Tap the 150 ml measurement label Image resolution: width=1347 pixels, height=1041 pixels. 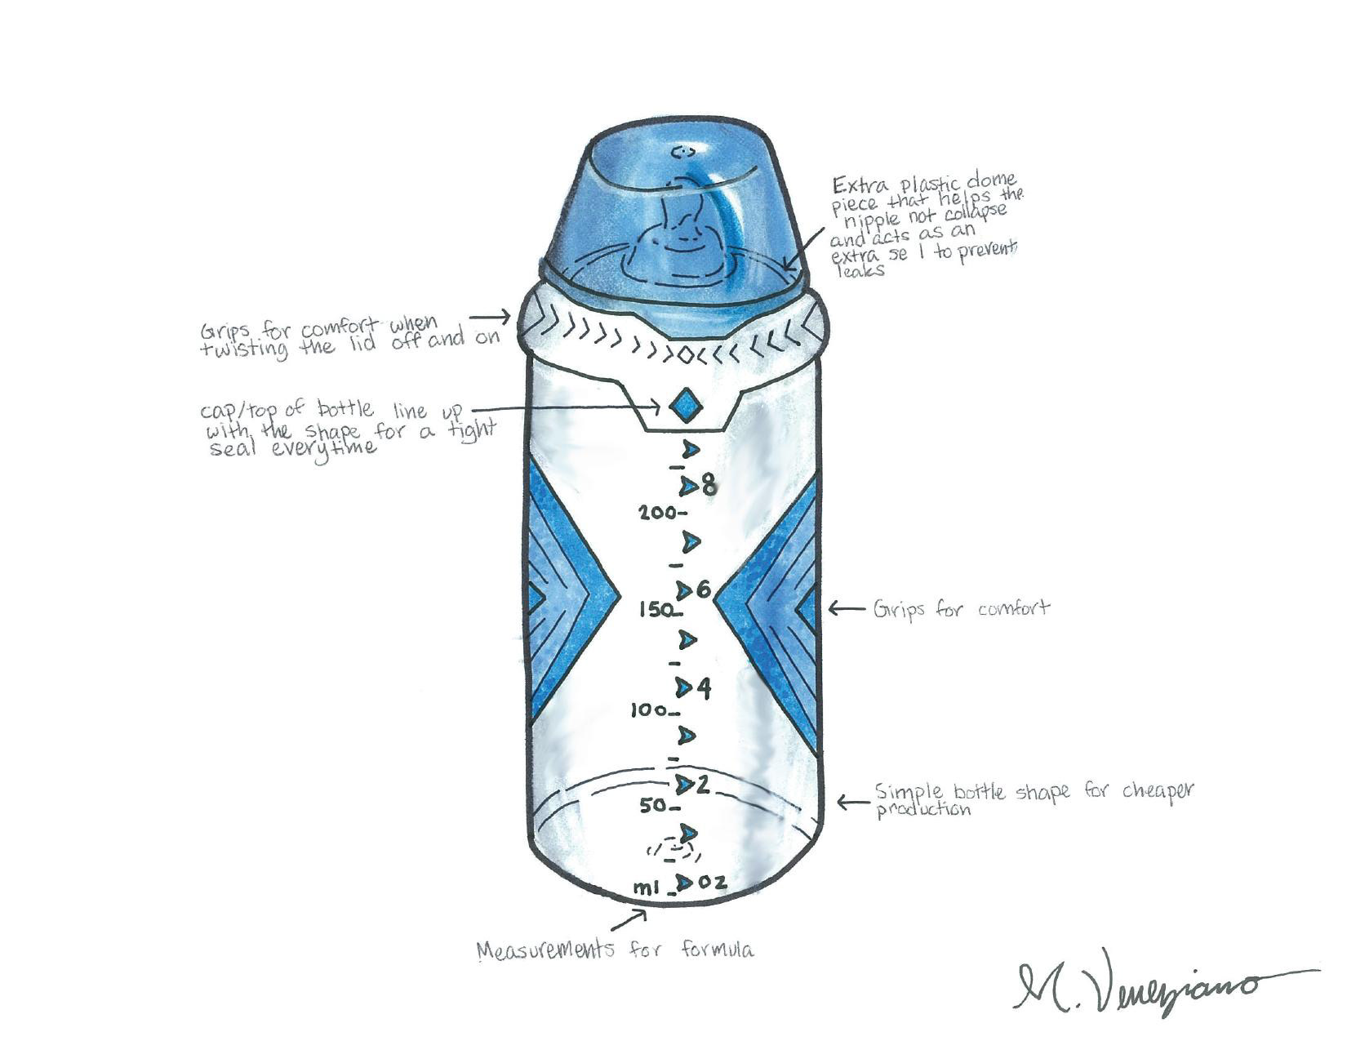click(655, 609)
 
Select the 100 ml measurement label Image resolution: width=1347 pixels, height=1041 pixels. click(649, 711)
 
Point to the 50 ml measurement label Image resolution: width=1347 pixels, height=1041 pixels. click(655, 806)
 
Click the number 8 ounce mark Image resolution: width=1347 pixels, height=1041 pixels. click(709, 486)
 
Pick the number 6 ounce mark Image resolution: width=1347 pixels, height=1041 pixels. click(704, 589)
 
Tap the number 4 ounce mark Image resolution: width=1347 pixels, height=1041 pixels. click(703, 688)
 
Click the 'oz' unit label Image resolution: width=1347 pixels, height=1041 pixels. click(712, 883)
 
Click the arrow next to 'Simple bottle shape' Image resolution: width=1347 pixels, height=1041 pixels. click(852, 803)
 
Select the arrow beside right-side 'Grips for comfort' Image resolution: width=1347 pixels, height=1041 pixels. click(846, 608)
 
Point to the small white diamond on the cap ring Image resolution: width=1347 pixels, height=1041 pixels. click(685, 355)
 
